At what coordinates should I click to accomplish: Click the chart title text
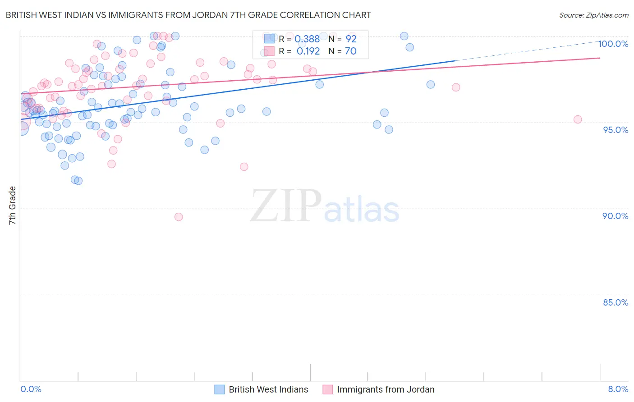coord(188,15)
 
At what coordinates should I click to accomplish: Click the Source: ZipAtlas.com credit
coord(593,15)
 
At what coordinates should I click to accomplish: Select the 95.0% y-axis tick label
coord(616,130)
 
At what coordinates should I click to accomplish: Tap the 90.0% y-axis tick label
coord(616,216)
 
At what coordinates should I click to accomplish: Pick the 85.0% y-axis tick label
coord(616,302)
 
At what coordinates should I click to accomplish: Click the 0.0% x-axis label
coord(31,389)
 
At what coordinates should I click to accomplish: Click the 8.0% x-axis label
coord(618,389)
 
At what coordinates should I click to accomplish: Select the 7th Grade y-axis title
coord(12,206)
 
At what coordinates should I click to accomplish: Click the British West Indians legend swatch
coord(219,389)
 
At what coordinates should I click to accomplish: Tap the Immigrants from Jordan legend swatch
coord(328,389)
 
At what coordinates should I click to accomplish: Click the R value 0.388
coord(307,39)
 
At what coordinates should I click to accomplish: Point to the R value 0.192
coord(308,51)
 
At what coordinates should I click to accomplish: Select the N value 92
coord(351,39)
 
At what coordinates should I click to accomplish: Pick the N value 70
coord(350,51)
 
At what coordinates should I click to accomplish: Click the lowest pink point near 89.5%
coord(179,217)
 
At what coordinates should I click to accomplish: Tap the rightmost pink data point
coord(578,119)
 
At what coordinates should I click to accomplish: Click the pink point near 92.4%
coord(244,167)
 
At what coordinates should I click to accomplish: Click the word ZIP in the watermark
coord(286,206)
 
